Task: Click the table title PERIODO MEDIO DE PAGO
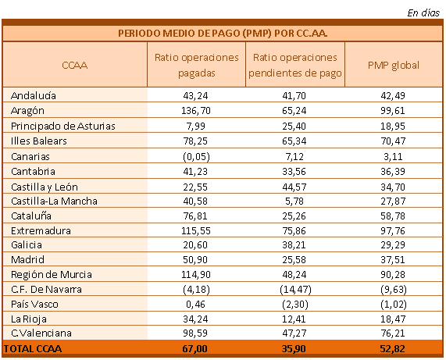click(x=223, y=34)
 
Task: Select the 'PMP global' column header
click(x=394, y=66)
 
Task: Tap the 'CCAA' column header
click(x=74, y=66)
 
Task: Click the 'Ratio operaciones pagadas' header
click(x=196, y=65)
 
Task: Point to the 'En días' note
click(x=423, y=12)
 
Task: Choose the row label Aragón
click(x=27, y=111)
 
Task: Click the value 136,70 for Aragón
click(x=196, y=111)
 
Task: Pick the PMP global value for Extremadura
click(x=393, y=230)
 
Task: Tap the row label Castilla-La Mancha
click(x=54, y=201)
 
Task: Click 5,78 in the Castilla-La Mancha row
click(x=294, y=201)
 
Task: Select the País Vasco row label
click(x=34, y=305)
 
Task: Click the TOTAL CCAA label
click(x=33, y=349)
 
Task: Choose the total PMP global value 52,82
click(x=392, y=349)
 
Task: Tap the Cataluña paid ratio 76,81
click(x=195, y=216)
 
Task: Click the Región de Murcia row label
click(x=52, y=274)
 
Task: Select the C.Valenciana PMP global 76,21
click(x=393, y=333)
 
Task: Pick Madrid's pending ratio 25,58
click(x=294, y=259)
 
